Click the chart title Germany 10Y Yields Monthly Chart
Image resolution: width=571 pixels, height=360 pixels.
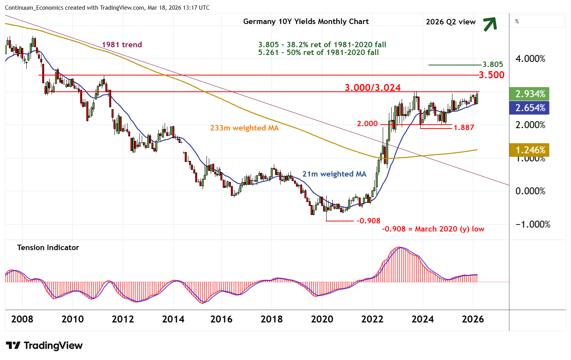pyautogui.click(x=306, y=22)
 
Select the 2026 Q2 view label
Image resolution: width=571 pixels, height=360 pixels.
pyautogui.click(x=451, y=22)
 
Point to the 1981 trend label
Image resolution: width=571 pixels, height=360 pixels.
pyautogui.click(x=122, y=45)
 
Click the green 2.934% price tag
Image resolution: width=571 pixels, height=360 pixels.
pyautogui.click(x=530, y=94)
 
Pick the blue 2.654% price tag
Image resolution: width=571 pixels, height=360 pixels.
pyautogui.click(x=530, y=108)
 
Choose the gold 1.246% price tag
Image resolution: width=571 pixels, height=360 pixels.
pyautogui.click(x=530, y=150)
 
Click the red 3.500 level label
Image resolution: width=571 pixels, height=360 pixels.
pyautogui.click(x=491, y=75)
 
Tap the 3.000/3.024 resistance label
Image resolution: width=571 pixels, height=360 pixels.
pyautogui.click(x=373, y=88)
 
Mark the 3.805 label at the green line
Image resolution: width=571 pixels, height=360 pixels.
pyautogui.click(x=492, y=65)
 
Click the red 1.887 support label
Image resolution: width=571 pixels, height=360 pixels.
pyautogui.click(x=464, y=127)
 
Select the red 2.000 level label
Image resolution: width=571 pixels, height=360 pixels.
pyautogui.click(x=367, y=124)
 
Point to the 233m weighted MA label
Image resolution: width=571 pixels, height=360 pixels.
pyautogui.click(x=244, y=128)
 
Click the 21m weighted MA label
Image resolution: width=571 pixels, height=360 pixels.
pyautogui.click(x=334, y=174)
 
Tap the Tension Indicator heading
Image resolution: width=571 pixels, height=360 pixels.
pyautogui.click(x=48, y=247)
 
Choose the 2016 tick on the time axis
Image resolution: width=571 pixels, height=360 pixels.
pyautogui.click(x=221, y=319)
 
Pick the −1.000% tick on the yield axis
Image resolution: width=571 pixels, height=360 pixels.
pyautogui.click(x=532, y=225)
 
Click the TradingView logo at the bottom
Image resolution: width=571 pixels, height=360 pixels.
pyautogui.click(x=45, y=345)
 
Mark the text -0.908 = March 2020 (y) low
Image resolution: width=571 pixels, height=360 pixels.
pyautogui.click(x=433, y=229)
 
